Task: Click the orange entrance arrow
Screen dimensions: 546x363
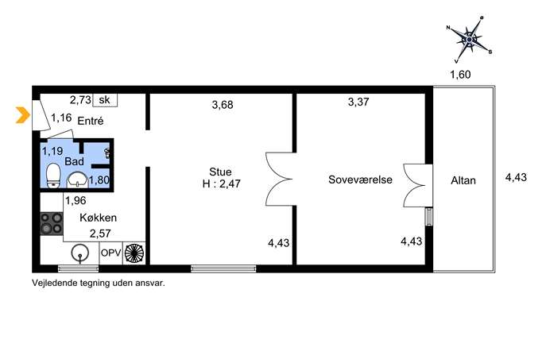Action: [23, 115]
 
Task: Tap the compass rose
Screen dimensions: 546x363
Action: [469, 40]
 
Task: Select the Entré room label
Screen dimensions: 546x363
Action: [91, 121]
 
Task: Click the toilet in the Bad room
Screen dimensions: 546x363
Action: [53, 176]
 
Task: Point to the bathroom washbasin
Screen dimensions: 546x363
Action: [77, 180]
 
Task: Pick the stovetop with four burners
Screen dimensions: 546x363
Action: [52, 223]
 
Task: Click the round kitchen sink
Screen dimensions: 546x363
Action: [80, 253]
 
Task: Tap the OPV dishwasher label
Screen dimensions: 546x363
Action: [110, 253]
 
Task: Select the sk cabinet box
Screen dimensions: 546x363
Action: [105, 100]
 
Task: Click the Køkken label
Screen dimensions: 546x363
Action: [99, 218]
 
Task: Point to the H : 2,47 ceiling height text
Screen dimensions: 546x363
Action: [222, 183]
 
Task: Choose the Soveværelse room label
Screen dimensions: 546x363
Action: [360, 180]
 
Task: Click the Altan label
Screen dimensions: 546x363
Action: [463, 180]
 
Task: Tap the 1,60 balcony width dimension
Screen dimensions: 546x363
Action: [460, 75]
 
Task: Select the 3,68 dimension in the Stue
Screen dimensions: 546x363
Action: [223, 105]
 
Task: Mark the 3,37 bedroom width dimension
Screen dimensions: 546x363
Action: [358, 102]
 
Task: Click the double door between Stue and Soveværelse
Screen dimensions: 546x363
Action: [279, 180]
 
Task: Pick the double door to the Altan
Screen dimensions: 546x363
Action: [417, 186]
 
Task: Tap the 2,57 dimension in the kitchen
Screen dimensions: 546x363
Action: [100, 234]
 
